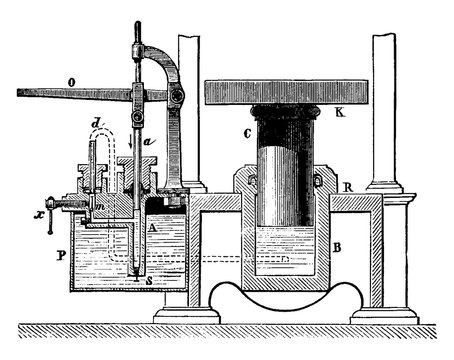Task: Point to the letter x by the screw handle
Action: [x=36, y=212]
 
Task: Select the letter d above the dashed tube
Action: [x=94, y=124]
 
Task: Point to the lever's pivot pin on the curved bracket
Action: [x=177, y=97]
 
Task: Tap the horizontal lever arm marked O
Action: [x=70, y=95]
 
